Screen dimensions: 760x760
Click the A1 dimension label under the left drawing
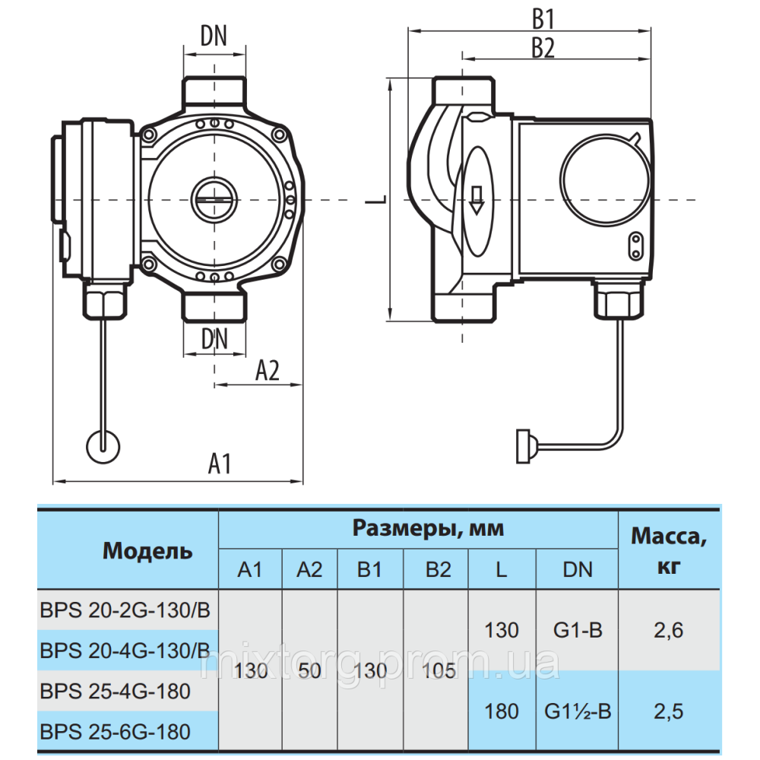(x=219, y=464)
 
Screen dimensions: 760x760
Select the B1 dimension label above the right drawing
(x=543, y=19)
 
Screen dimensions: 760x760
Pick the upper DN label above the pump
(x=214, y=36)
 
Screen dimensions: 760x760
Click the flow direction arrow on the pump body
(x=477, y=199)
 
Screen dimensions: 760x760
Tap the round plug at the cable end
(x=103, y=445)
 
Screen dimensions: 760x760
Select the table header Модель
(x=147, y=550)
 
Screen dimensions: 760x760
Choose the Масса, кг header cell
(x=668, y=550)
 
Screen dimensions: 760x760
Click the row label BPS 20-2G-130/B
(x=125, y=610)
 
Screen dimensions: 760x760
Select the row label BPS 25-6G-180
(x=115, y=732)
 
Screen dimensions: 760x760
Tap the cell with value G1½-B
(x=578, y=711)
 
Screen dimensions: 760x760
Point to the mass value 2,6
(x=668, y=629)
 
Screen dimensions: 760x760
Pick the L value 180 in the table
(x=502, y=711)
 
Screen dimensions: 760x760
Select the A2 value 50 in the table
(x=309, y=671)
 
